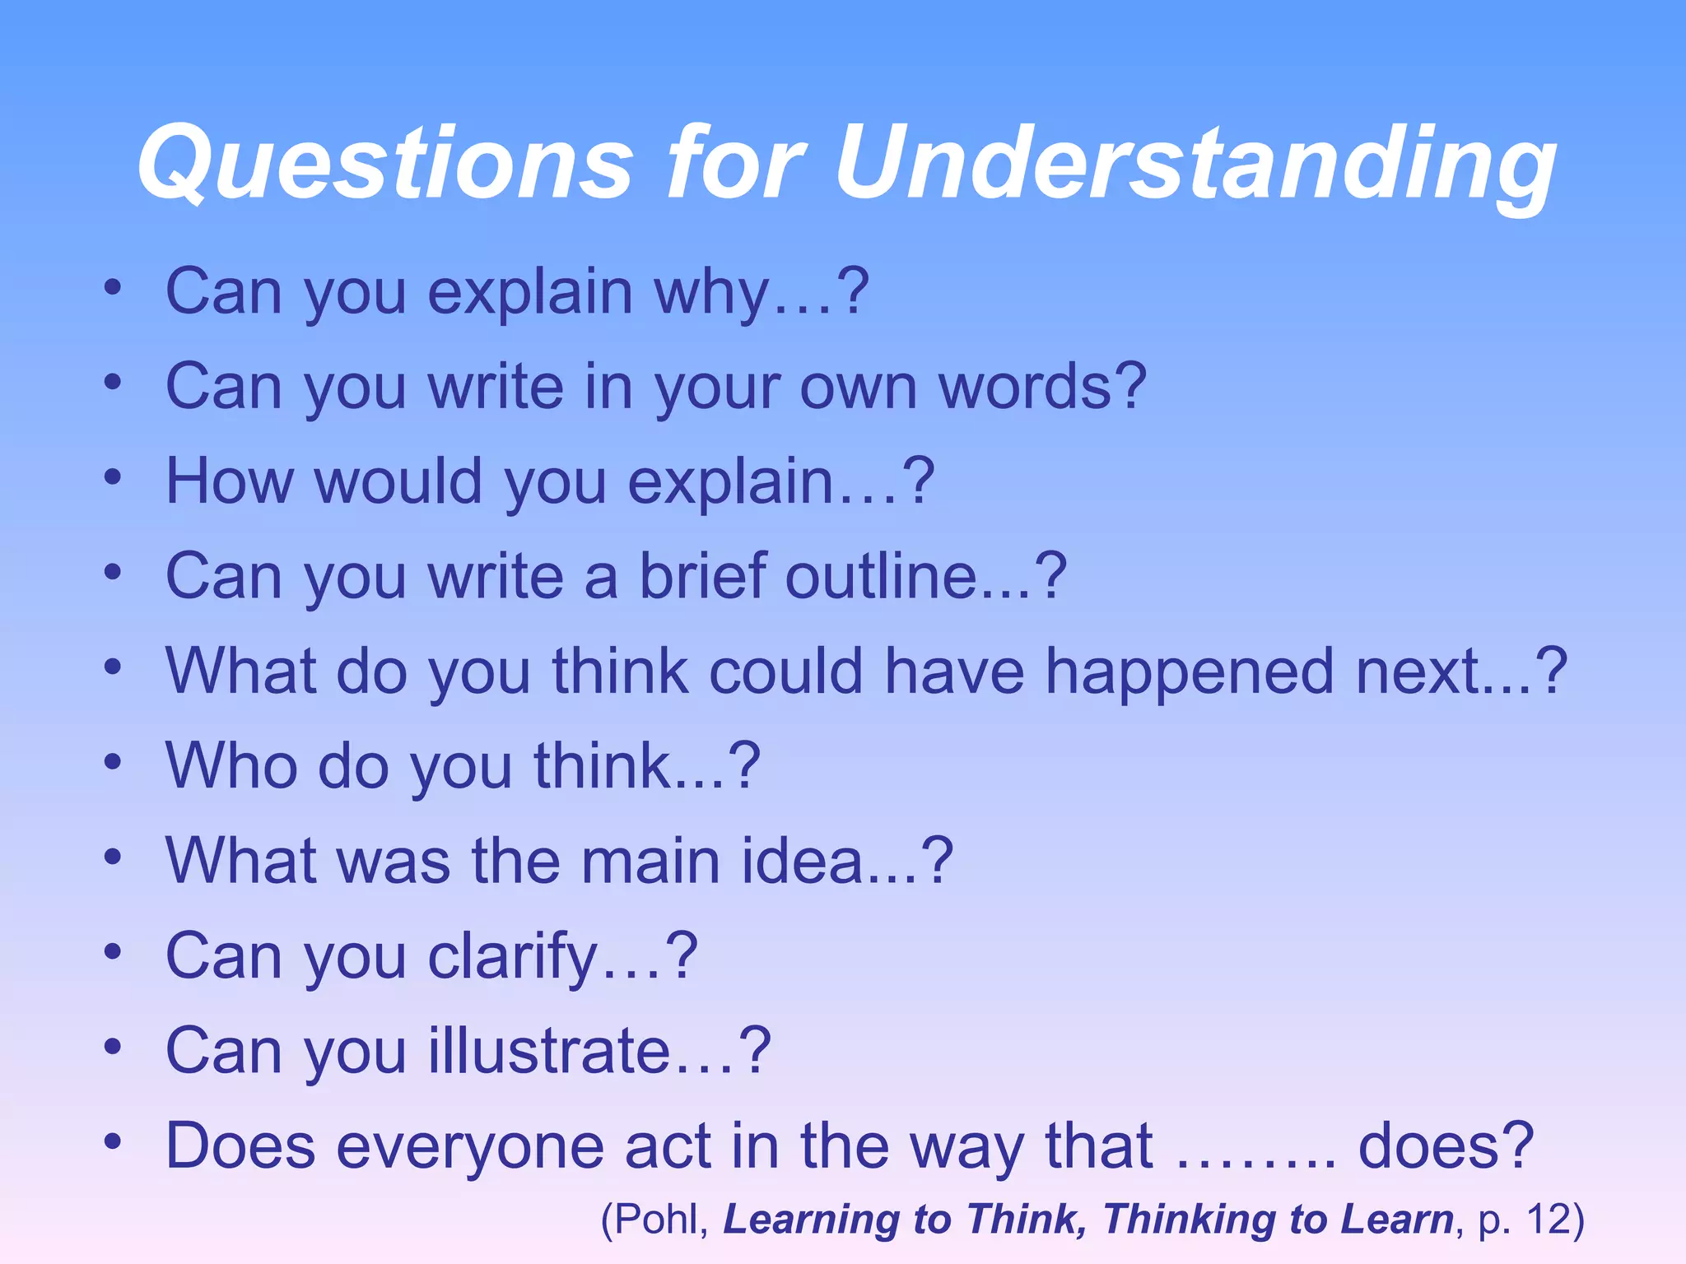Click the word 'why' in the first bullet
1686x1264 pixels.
click(x=713, y=293)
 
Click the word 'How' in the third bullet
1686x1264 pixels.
click(x=230, y=481)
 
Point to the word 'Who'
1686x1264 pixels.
click(x=231, y=766)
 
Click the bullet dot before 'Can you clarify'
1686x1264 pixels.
click(x=113, y=952)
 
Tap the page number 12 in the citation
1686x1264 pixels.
click(x=1547, y=1220)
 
